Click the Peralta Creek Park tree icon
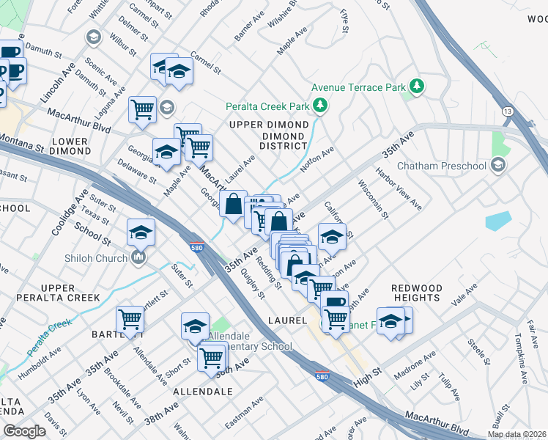(319, 106)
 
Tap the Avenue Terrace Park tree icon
(417, 87)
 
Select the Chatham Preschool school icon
(499, 165)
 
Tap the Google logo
(25, 430)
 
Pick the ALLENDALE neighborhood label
(204, 392)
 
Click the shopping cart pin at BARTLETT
(130, 320)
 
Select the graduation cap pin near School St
(141, 233)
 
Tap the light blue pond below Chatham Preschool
(498, 221)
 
